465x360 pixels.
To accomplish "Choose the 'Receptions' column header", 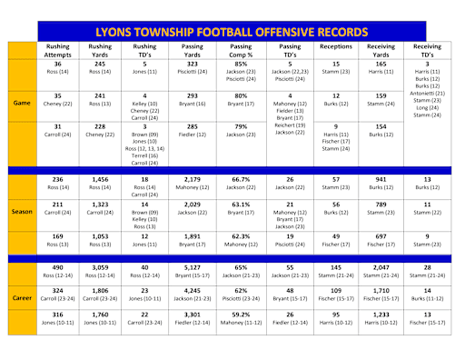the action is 336,44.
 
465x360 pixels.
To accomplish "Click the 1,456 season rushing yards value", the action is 102,179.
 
